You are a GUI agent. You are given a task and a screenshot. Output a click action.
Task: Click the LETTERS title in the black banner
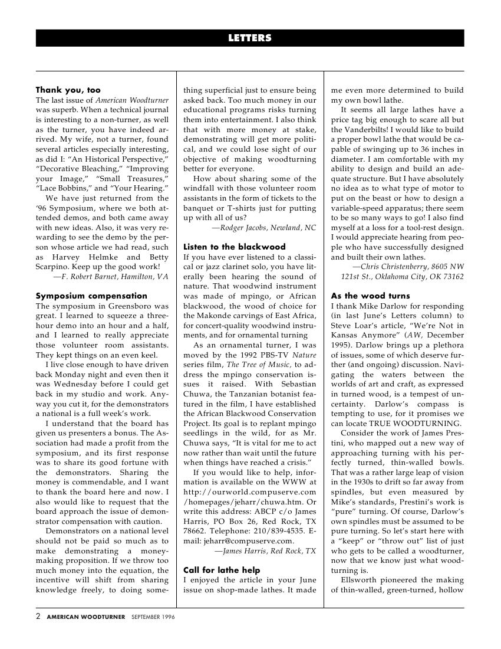pos(250,38)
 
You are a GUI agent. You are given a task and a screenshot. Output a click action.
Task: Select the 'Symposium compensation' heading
pos(91,296)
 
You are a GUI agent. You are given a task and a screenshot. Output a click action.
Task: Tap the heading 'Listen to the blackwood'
pos(235,247)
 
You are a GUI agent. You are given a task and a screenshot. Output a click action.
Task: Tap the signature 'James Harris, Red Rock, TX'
pos(265,550)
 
